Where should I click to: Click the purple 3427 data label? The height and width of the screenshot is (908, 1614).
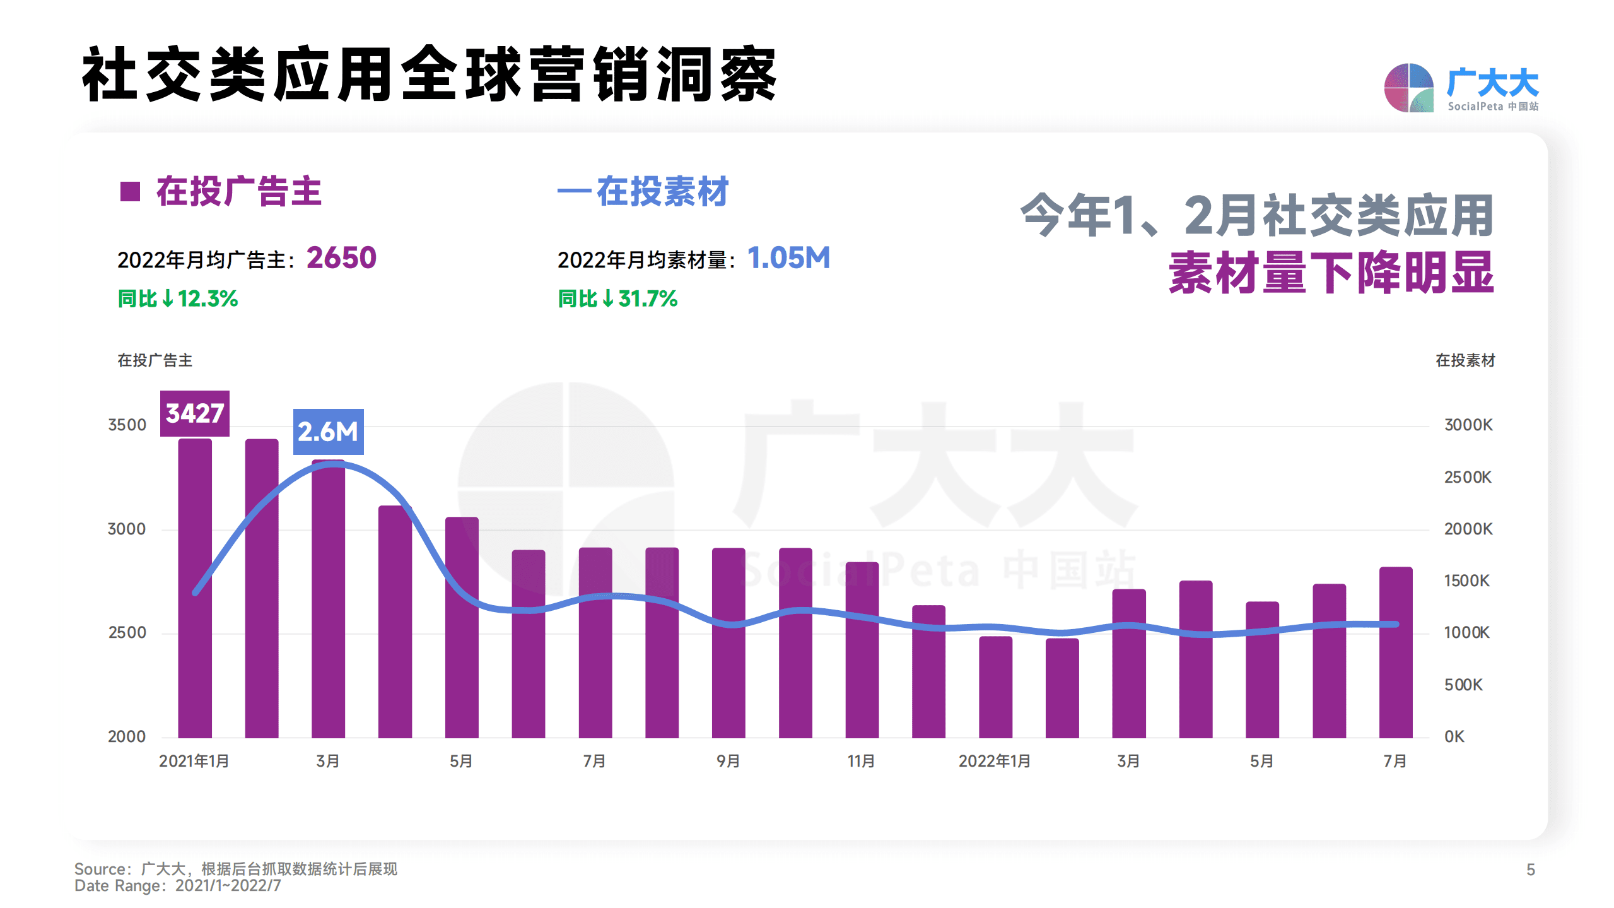tap(194, 413)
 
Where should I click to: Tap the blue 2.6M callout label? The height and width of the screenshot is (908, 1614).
tap(328, 432)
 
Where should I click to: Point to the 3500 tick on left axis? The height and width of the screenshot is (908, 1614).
tap(127, 425)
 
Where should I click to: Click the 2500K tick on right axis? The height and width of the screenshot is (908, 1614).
tap(1468, 477)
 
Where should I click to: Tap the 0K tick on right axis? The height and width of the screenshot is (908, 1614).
tap(1454, 736)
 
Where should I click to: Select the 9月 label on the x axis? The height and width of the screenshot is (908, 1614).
tap(728, 761)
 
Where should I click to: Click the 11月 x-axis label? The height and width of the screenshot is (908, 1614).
tap(861, 761)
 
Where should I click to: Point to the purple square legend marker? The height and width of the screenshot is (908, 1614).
tap(130, 191)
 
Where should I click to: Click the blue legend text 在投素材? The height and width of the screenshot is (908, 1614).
tap(662, 191)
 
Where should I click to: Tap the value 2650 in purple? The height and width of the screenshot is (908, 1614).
tap(341, 258)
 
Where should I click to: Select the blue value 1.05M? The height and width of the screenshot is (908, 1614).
tap(788, 258)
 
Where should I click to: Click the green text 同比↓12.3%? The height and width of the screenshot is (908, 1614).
tap(178, 298)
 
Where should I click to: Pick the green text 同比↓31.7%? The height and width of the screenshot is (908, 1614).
tap(617, 298)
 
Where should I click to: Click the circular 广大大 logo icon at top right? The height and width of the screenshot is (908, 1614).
tap(1408, 88)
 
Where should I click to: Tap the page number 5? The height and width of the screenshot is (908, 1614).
tap(1530, 870)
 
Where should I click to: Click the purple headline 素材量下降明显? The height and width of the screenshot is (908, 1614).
tap(1331, 273)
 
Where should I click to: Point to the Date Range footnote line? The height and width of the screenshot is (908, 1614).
tap(178, 885)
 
